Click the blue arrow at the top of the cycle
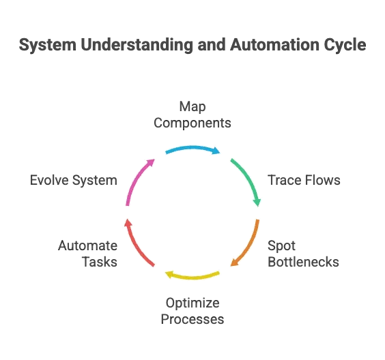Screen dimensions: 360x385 point(191,148)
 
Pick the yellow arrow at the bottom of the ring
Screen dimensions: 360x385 point(192,276)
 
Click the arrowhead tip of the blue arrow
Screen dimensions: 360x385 point(220,151)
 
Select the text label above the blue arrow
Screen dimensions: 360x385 point(192,116)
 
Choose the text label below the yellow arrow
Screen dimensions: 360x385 point(192,310)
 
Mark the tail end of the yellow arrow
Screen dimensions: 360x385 point(219,273)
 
